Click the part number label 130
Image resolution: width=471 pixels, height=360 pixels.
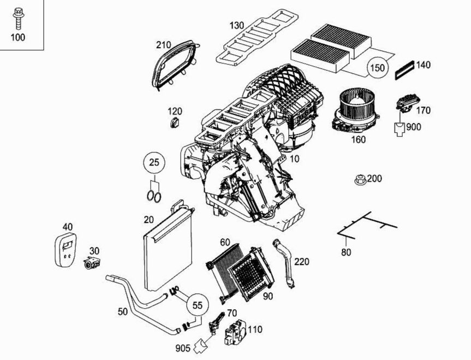pyautogui.click(x=237, y=26)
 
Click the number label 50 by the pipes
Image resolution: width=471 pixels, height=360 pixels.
pyautogui.click(x=123, y=311)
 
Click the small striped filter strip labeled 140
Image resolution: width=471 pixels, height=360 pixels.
pyautogui.click(x=403, y=70)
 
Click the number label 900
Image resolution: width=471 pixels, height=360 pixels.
pyautogui.click(x=414, y=127)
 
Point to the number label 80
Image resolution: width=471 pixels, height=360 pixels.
pyautogui.click(x=346, y=252)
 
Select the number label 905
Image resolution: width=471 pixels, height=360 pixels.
pyautogui.click(x=183, y=347)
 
